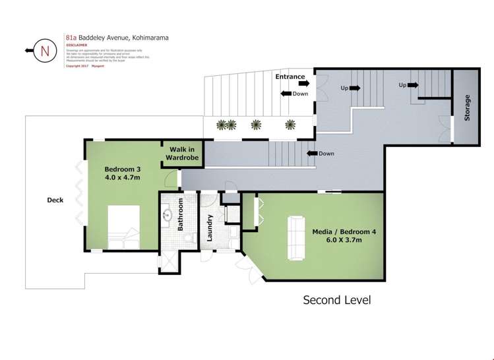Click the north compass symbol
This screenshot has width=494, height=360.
(x=44, y=50)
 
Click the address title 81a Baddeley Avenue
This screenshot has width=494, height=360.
(x=117, y=38)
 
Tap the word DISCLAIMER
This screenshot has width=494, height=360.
(x=78, y=45)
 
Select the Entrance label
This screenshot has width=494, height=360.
(x=290, y=76)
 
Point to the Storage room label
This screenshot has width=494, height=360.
(x=467, y=107)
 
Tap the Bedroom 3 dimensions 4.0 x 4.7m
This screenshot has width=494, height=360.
(x=123, y=177)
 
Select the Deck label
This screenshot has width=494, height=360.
(x=55, y=200)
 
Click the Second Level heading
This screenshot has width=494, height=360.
(x=336, y=300)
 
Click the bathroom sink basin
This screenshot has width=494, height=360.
(x=167, y=214)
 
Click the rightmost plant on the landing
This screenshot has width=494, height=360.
(x=289, y=123)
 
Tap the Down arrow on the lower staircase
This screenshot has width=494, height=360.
(x=310, y=154)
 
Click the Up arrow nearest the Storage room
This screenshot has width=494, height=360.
(x=414, y=85)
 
